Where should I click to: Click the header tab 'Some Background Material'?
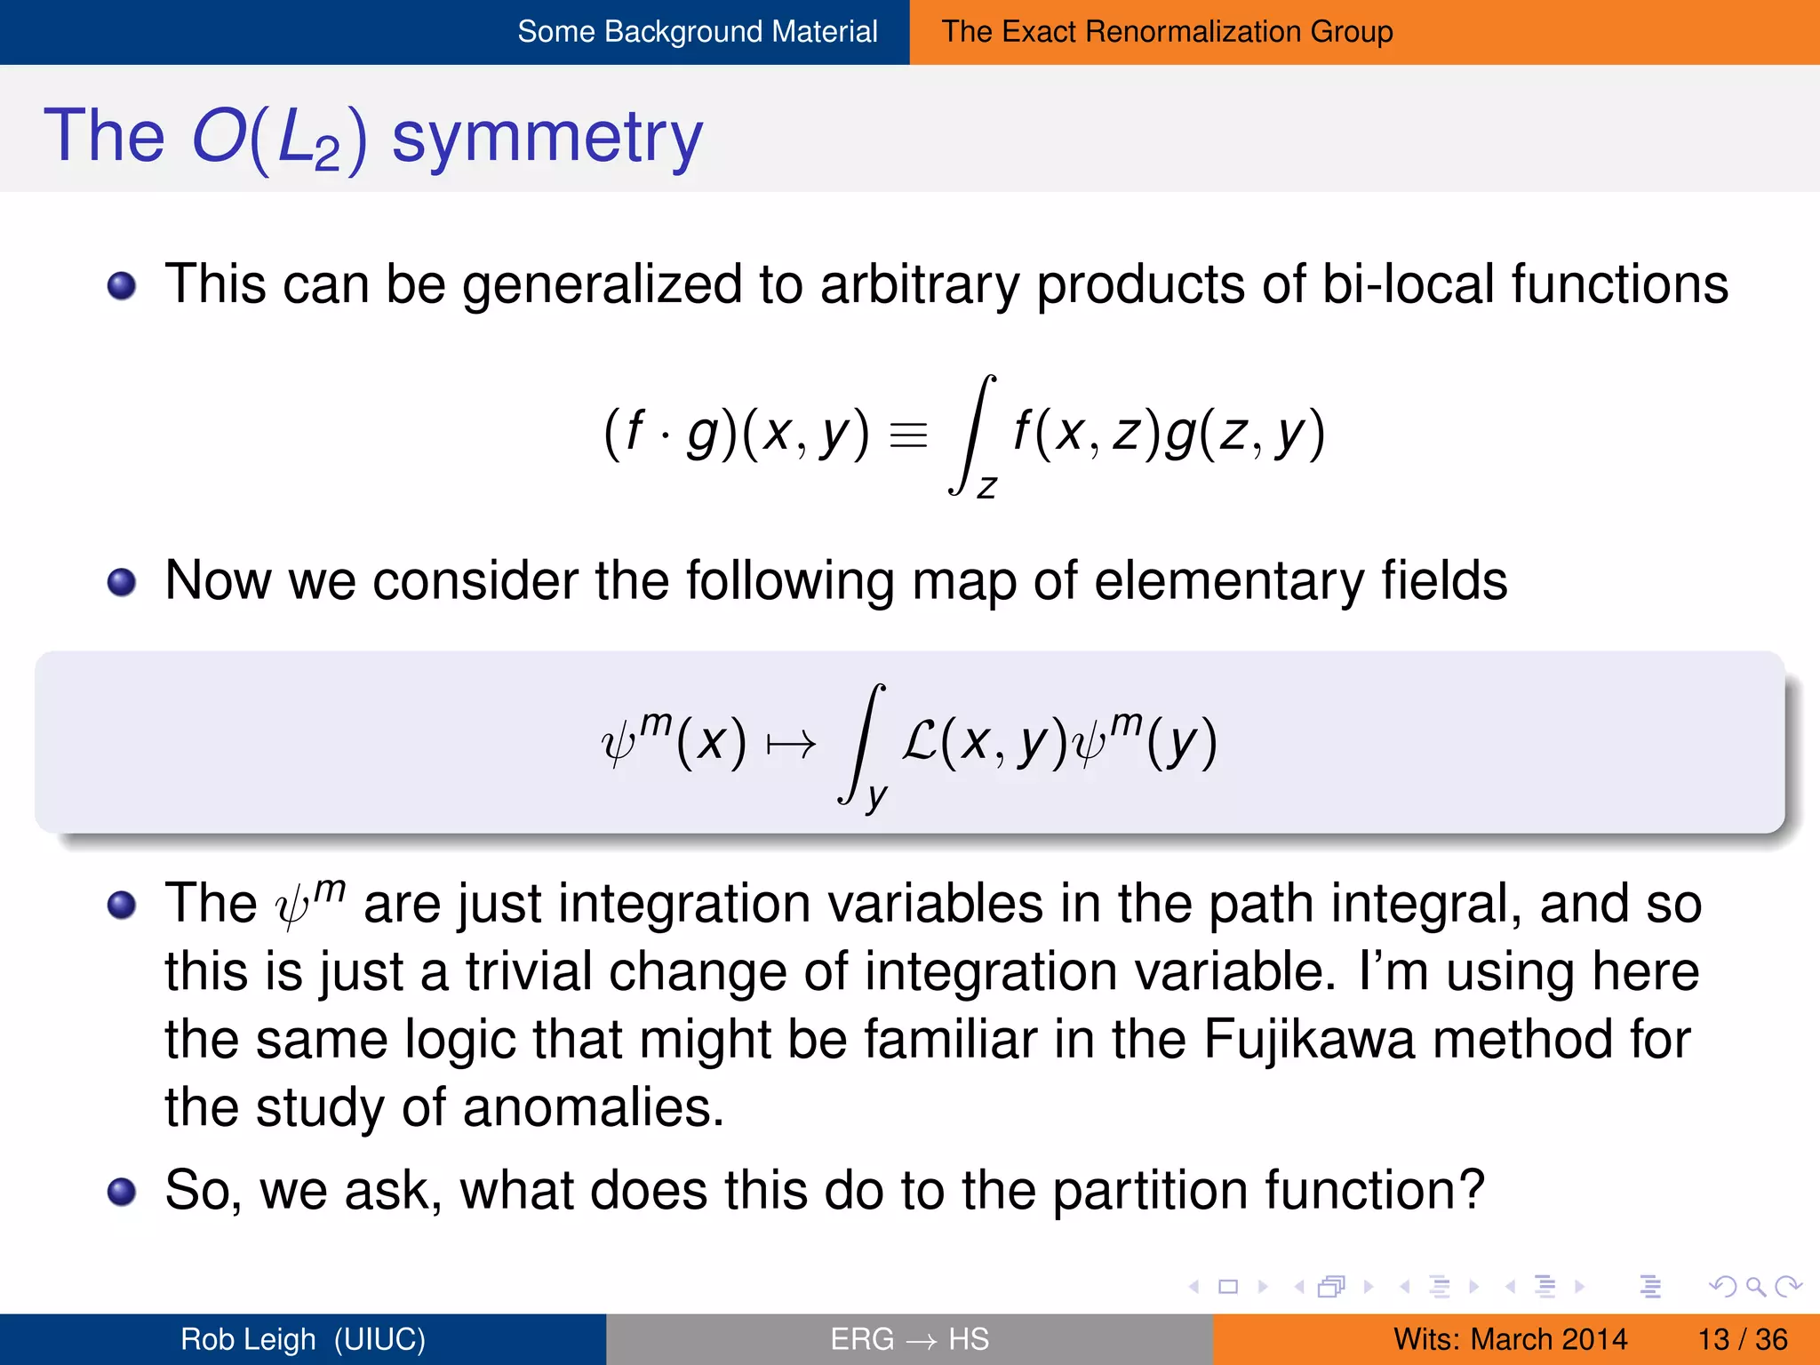pyautogui.click(x=697, y=32)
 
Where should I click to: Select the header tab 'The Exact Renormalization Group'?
pyautogui.click(x=1167, y=32)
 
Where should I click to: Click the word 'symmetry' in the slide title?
pyautogui.click(x=547, y=137)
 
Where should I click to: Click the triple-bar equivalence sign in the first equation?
pyautogui.click(x=908, y=435)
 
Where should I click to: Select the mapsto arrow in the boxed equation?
pyautogui.click(x=790, y=744)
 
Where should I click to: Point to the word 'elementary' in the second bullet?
pyautogui.click(x=1229, y=582)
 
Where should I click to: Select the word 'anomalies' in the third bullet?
pyautogui.click(x=594, y=1108)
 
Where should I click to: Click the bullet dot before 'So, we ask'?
pyautogui.click(x=122, y=1192)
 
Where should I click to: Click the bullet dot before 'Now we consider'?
pyautogui.click(x=122, y=583)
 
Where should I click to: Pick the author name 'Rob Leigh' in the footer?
pyautogui.click(x=248, y=1339)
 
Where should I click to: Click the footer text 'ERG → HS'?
pyautogui.click(x=909, y=1339)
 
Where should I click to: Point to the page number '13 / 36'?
pyautogui.click(x=1742, y=1339)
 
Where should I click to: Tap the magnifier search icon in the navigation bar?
pyautogui.click(x=1754, y=1286)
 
